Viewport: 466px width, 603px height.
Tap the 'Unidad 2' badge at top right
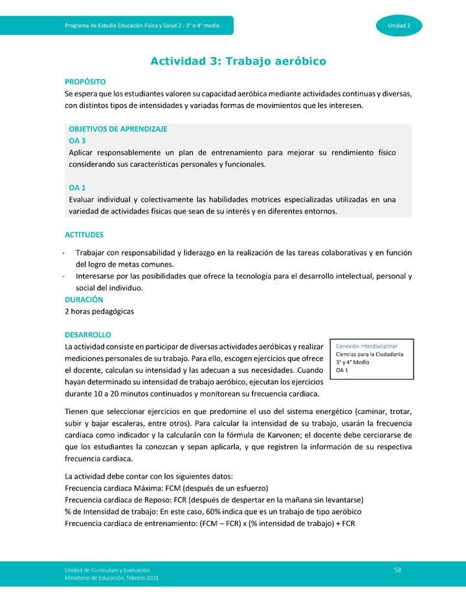(x=399, y=25)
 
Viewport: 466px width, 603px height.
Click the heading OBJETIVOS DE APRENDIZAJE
(x=118, y=129)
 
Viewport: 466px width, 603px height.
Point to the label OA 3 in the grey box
(x=77, y=140)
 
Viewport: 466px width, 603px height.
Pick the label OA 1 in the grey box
(x=77, y=188)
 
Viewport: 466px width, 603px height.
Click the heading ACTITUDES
(x=84, y=234)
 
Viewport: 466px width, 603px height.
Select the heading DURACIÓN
(x=83, y=300)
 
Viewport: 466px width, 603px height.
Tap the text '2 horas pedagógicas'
(x=99, y=311)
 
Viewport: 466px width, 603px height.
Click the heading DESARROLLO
(x=88, y=334)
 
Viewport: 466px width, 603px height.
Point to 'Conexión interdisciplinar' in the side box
(x=366, y=346)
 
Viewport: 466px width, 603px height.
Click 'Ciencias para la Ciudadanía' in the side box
(x=370, y=355)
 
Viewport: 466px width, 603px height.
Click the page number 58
(x=398, y=569)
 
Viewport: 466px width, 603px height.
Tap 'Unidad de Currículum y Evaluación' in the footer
(x=107, y=569)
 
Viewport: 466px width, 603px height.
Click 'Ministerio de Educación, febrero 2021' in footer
(x=111, y=577)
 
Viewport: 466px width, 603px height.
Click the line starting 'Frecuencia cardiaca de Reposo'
(x=214, y=499)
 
